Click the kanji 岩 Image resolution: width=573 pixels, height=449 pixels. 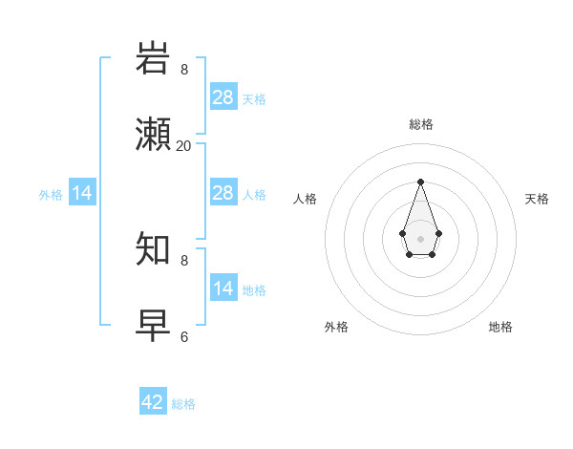(x=154, y=59)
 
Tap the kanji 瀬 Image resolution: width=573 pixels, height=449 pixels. (x=154, y=135)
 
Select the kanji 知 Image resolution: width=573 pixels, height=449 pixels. (x=154, y=250)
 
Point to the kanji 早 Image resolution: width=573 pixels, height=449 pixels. (x=154, y=326)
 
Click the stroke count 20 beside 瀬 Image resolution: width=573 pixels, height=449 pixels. (x=184, y=145)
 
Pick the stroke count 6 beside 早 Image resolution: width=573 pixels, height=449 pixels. (x=184, y=336)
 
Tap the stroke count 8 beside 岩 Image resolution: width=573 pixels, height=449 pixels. (x=184, y=70)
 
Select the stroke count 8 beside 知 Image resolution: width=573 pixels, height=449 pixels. (x=184, y=260)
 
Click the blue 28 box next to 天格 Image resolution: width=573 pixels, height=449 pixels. (x=223, y=97)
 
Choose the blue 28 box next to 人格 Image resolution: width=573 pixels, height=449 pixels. (x=223, y=193)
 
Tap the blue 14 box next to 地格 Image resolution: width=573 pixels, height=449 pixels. (x=223, y=289)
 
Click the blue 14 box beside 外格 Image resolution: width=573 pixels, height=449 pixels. (x=82, y=193)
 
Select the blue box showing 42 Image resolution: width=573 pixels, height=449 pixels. (x=153, y=402)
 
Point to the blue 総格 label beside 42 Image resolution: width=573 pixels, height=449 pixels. (x=183, y=404)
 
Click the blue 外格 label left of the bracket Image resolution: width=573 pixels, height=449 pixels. (x=51, y=195)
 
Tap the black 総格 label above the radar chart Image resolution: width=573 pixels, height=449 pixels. (x=420, y=124)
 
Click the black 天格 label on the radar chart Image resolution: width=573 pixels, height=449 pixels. (x=537, y=199)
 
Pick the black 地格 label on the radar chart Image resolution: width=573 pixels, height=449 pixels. (x=500, y=327)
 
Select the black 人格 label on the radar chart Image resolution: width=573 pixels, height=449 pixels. (x=306, y=199)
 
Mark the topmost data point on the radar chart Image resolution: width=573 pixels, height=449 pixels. (x=420, y=182)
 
